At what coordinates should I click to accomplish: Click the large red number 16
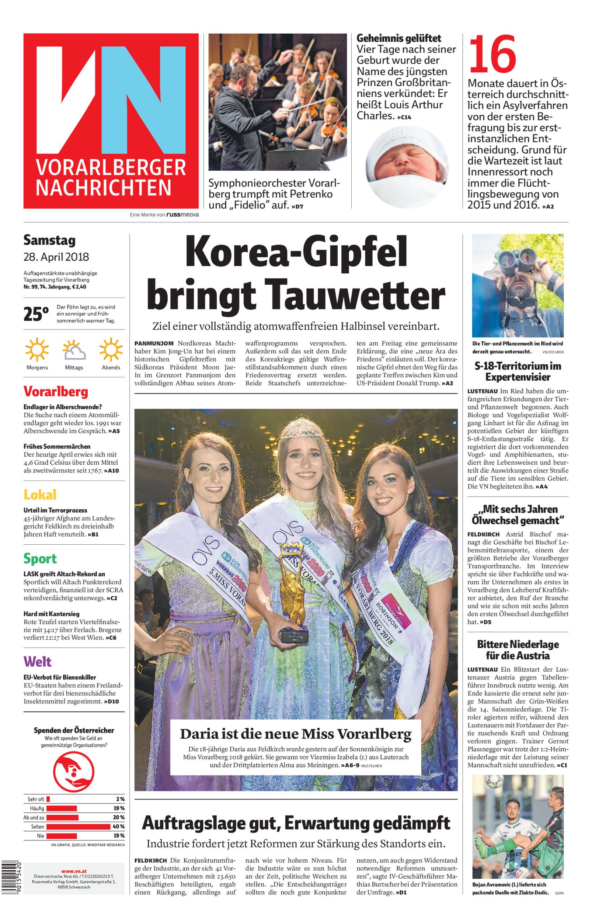coord(493,55)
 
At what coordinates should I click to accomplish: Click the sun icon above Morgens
coord(37,349)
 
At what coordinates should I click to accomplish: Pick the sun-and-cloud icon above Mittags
coord(74,350)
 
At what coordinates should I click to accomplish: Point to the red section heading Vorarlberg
coord(56,392)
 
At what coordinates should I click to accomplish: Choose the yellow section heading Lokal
coord(40,495)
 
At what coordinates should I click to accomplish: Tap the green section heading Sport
coord(40,558)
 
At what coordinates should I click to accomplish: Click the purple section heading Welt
coord(37,662)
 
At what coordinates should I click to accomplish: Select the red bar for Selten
coord(79,826)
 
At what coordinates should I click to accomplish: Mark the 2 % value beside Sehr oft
coord(120,799)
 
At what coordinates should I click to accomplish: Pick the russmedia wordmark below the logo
coord(182,215)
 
